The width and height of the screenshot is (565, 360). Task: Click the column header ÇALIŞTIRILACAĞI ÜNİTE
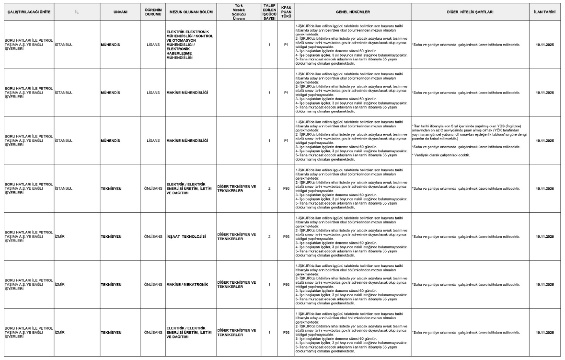tap(28, 11)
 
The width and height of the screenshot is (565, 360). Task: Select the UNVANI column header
tap(114, 11)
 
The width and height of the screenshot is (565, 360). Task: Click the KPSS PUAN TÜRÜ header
tap(286, 11)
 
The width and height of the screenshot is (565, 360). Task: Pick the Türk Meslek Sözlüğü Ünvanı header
tap(235, 11)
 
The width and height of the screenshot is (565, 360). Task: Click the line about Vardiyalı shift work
tap(441, 155)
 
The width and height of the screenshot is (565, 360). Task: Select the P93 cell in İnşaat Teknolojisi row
tap(286, 236)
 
